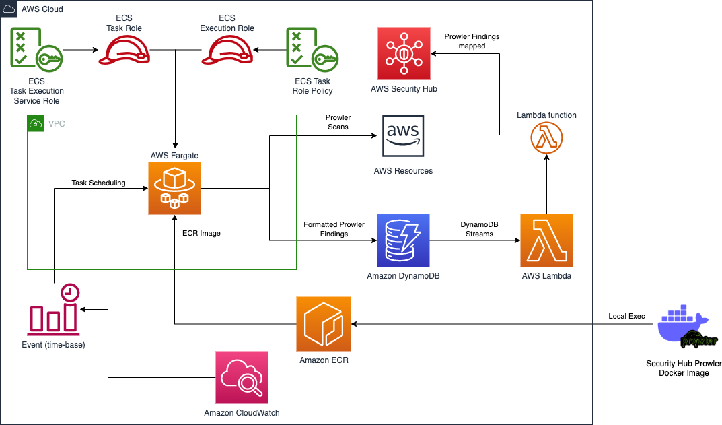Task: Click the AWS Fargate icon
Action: [x=174, y=189]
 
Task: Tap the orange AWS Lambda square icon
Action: [x=546, y=240]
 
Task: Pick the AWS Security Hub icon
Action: [x=403, y=53]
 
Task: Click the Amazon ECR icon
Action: [x=324, y=325]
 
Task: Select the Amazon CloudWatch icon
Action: [x=242, y=377]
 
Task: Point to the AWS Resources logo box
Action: [x=403, y=136]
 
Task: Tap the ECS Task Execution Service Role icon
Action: [x=34, y=49]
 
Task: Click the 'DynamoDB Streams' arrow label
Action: [x=476, y=229]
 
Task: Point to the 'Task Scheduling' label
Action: [x=98, y=183]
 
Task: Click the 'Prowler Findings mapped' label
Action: [x=472, y=42]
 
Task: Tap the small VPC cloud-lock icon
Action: [x=35, y=123]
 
